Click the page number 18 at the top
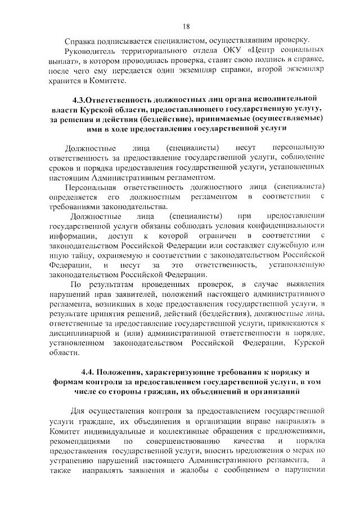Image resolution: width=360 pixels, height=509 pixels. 186,25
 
